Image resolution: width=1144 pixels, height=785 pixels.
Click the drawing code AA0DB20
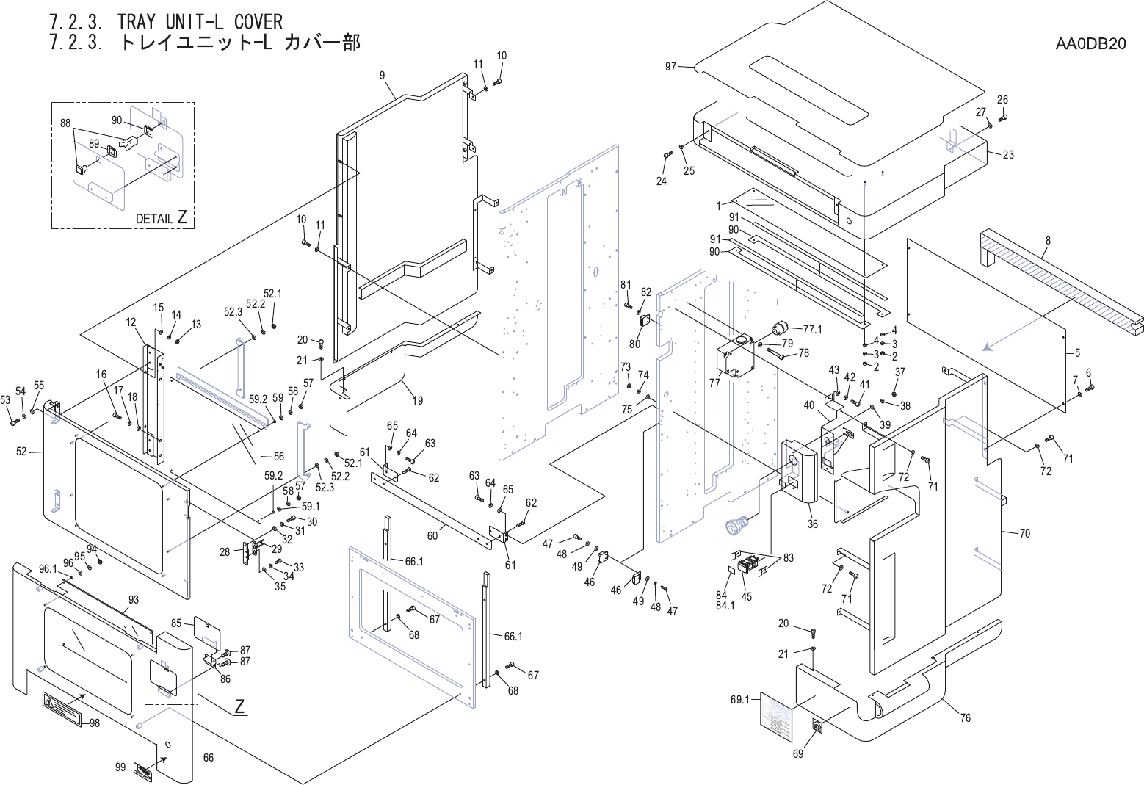click(x=1090, y=44)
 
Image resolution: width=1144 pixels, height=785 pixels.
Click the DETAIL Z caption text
click(x=161, y=218)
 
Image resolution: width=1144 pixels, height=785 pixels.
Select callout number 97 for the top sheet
click(x=670, y=67)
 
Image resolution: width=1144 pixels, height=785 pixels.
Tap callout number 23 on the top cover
click(x=1008, y=155)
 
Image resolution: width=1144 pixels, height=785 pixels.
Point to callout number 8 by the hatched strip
click(x=1048, y=241)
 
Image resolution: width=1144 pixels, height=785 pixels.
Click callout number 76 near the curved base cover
click(x=966, y=717)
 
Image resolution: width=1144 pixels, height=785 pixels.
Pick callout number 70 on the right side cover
click(x=1025, y=533)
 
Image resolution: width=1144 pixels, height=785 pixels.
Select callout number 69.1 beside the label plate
click(x=739, y=700)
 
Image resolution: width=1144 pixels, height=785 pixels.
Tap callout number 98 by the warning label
click(x=95, y=723)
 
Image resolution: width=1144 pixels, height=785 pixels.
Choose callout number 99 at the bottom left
click(x=120, y=767)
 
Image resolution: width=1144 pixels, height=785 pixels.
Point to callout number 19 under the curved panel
click(x=417, y=401)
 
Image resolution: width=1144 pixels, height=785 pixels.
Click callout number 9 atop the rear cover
click(x=383, y=75)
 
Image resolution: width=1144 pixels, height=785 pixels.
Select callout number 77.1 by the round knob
click(x=813, y=330)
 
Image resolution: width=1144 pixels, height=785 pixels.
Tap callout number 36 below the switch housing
click(x=813, y=524)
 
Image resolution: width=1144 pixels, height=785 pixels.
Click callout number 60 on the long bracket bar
click(x=432, y=536)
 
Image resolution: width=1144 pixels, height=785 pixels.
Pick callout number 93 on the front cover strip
click(x=134, y=600)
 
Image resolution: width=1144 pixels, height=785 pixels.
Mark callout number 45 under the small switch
click(x=747, y=597)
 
